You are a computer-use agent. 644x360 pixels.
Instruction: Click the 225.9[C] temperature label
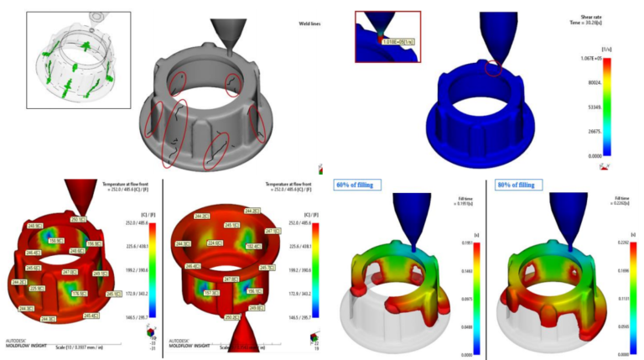[35, 288]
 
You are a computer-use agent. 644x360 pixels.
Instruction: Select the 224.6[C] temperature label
[216, 243]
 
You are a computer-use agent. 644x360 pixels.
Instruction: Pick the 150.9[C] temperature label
[54, 240]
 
